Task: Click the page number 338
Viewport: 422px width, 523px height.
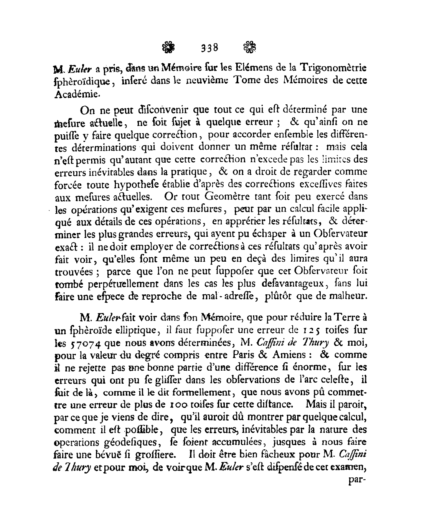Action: [209, 48]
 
